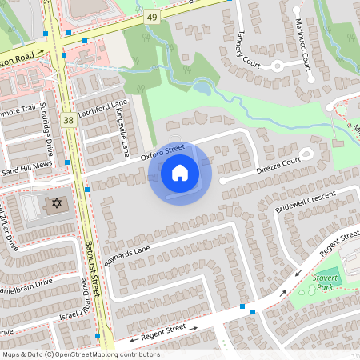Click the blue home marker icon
point(179,173)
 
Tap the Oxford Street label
point(162,152)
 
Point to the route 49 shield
point(152,16)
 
